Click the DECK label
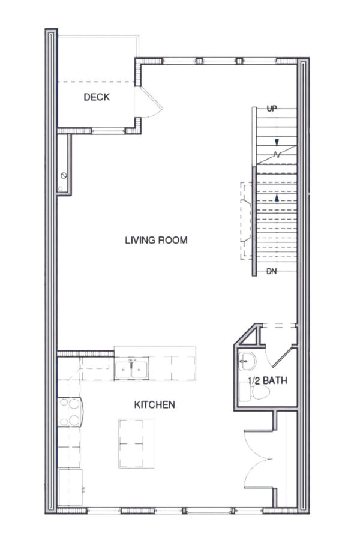click(x=97, y=97)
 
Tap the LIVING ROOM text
click(x=156, y=241)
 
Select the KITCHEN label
click(x=154, y=404)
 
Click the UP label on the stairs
click(x=272, y=109)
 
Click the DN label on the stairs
click(x=272, y=271)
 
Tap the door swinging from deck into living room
click(x=150, y=103)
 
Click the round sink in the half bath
click(x=247, y=361)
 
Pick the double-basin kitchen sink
click(x=131, y=369)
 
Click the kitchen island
click(x=133, y=443)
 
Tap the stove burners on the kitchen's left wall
click(x=72, y=412)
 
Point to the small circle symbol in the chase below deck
click(x=63, y=176)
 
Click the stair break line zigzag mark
click(x=276, y=154)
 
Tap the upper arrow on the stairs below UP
click(x=277, y=142)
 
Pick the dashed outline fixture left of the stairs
click(x=246, y=220)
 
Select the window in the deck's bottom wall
click(x=108, y=130)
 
